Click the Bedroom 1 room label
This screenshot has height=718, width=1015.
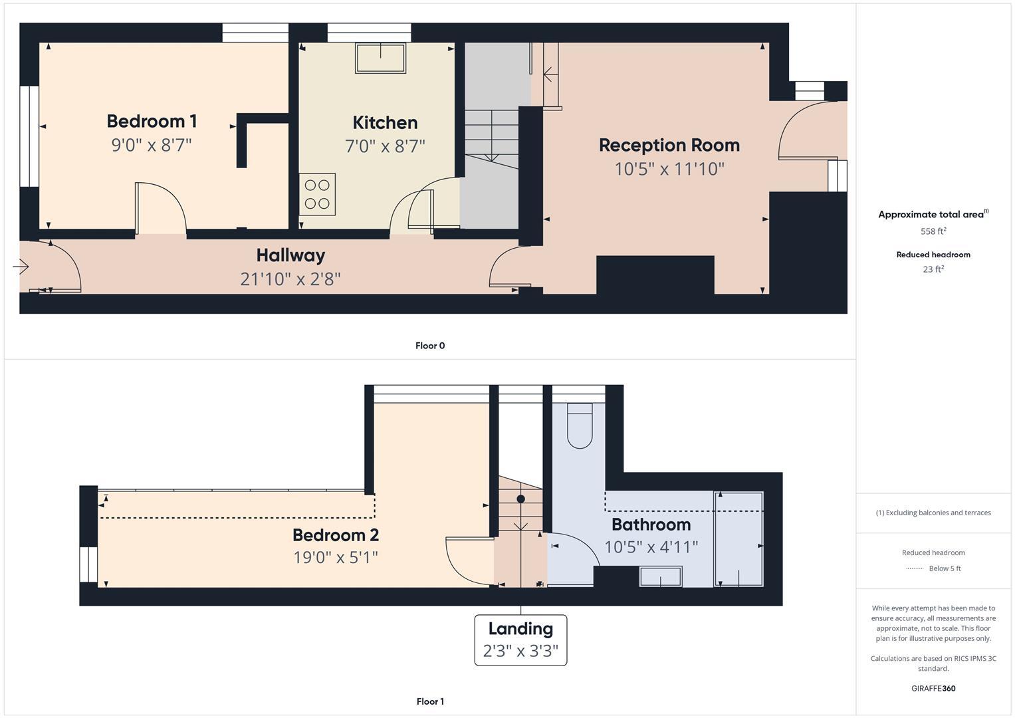pyautogui.click(x=152, y=121)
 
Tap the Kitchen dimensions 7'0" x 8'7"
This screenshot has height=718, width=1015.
pyautogui.click(x=385, y=146)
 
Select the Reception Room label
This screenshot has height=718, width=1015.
pyautogui.click(x=669, y=145)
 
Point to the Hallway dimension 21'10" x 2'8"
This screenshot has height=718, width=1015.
pyautogui.click(x=290, y=279)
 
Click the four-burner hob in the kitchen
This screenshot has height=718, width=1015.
pyautogui.click(x=317, y=194)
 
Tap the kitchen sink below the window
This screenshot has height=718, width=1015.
pyautogui.click(x=380, y=58)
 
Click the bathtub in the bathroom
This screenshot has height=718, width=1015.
pyautogui.click(x=738, y=538)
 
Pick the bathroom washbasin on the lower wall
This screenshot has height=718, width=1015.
pyautogui.click(x=661, y=576)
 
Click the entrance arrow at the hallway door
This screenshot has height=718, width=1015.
pyautogui.click(x=21, y=267)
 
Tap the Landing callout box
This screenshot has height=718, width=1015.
pyautogui.click(x=520, y=640)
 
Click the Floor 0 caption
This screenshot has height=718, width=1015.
pyautogui.click(x=430, y=346)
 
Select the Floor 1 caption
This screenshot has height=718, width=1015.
pyautogui.click(x=430, y=701)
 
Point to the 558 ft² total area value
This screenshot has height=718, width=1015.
pyautogui.click(x=933, y=231)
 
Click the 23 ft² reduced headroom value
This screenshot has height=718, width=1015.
pyautogui.click(x=933, y=269)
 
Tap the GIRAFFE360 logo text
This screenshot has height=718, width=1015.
pyautogui.click(x=933, y=688)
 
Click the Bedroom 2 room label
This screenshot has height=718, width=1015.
pyautogui.click(x=336, y=535)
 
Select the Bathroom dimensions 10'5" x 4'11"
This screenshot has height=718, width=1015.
pyautogui.click(x=651, y=547)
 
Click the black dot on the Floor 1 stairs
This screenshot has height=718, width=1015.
pyautogui.click(x=520, y=499)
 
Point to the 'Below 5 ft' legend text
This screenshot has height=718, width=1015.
pyautogui.click(x=945, y=568)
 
